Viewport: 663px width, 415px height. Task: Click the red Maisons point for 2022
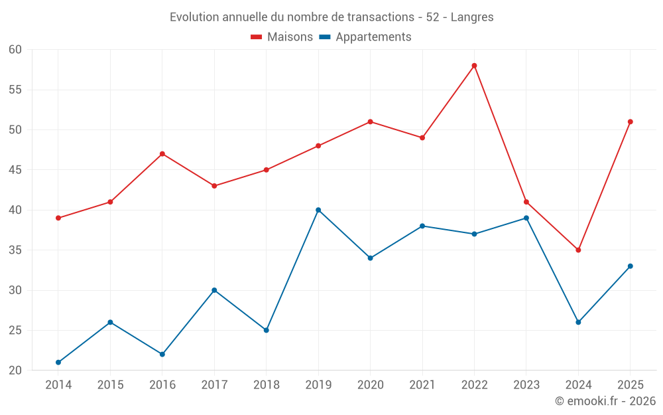click(x=475, y=66)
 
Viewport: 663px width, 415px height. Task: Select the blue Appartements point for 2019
click(x=318, y=210)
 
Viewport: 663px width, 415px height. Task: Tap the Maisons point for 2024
click(x=578, y=250)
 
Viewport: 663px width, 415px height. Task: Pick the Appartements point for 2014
click(x=58, y=363)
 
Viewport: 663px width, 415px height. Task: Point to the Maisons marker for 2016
click(x=162, y=154)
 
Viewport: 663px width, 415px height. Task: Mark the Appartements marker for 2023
click(x=526, y=218)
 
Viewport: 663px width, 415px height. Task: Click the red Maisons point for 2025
click(x=631, y=122)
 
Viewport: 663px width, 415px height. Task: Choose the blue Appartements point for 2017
click(x=214, y=291)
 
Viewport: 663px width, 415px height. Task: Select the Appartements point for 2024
click(x=578, y=322)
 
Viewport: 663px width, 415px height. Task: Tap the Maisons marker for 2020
click(x=371, y=122)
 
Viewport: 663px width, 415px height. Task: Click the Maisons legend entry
click(x=282, y=37)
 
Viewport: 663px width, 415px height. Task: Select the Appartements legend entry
click(x=365, y=37)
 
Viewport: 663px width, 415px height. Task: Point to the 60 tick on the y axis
click(x=15, y=50)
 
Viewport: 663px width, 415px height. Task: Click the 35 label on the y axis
click(x=15, y=250)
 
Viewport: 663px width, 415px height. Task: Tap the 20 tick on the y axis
click(x=15, y=371)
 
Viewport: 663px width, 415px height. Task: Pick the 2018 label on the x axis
click(x=267, y=385)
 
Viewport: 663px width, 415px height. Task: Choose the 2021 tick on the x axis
click(x=422, y=385)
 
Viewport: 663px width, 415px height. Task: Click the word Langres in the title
click(x=472, y=17)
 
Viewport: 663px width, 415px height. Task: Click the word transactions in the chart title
click(x=381, y=17)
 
